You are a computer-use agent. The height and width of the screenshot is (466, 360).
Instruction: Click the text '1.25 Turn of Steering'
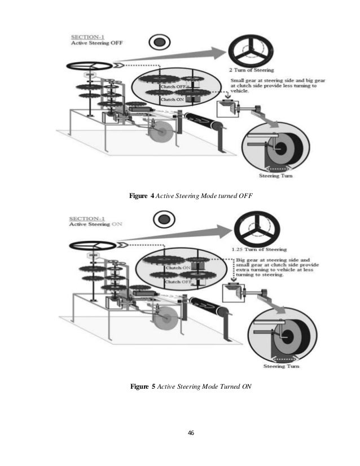pyautogui.click(x=259, y=249)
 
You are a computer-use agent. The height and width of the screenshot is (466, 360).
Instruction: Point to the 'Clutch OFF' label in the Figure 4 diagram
pyautogui.click(x=173, y=87)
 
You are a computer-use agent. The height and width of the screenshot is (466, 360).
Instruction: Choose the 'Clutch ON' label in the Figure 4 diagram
pyautogui.click(x=172, y=100)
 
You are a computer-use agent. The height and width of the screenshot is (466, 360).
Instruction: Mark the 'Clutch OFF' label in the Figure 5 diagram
pyautogui.click(x=178, y=282)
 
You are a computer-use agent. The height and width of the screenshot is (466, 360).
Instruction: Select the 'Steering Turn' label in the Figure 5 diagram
pyautogui.click(x=280, y=366)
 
